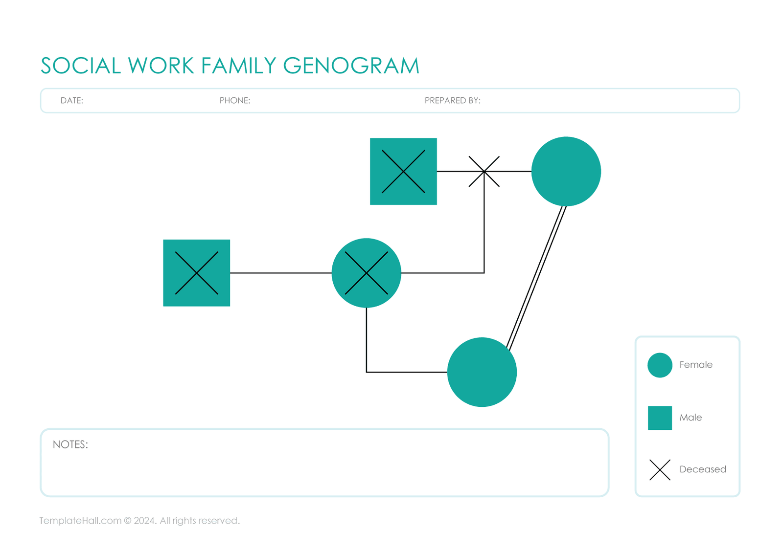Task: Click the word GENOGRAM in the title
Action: click(351, 66)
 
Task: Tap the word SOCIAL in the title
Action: click(81, 66)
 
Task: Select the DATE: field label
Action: click(72, 101)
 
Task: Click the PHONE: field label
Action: click(235, 101)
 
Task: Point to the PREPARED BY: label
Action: click(452, 101)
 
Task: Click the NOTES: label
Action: click(70, 444)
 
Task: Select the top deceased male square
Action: click(403, 172)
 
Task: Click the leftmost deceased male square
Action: click(196, 273)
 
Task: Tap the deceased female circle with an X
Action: click(367, 273)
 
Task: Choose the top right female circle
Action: click(566, 172)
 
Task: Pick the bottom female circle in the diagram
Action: click(482, 372)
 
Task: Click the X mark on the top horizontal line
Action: click(484, 172)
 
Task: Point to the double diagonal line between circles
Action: click(537, 276)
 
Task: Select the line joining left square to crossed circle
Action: click(280, 273)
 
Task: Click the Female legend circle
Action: click(660, 365)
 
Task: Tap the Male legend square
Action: click(660, 418)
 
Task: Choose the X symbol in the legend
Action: click(660, 470)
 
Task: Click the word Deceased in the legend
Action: click(703, 469)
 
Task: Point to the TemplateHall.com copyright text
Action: click(139, 521)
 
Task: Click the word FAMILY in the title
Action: click(239, 66)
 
